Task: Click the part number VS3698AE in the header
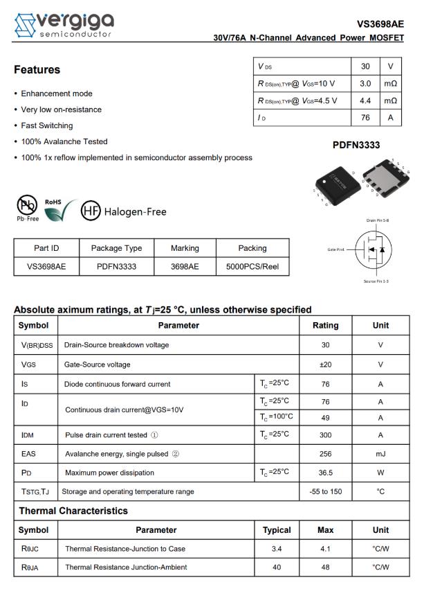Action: click(380, 24)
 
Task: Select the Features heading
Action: click(37, 70)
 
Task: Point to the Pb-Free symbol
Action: click(28, 206)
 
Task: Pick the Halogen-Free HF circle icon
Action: click(91, 211)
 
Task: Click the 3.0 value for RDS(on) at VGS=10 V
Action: click(365, 84)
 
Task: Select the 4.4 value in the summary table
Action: click(365, 100)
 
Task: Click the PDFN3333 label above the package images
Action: click(356, 146)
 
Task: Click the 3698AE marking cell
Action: click(185, 266)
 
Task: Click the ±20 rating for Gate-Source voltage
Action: click(326, 364)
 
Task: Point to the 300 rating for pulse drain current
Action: click(326, 435)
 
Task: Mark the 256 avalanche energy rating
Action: click(326, 454)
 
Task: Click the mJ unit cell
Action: click(380, 454)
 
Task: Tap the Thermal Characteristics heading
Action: click(73, 511)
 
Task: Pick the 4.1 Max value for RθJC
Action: click(326, 549)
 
